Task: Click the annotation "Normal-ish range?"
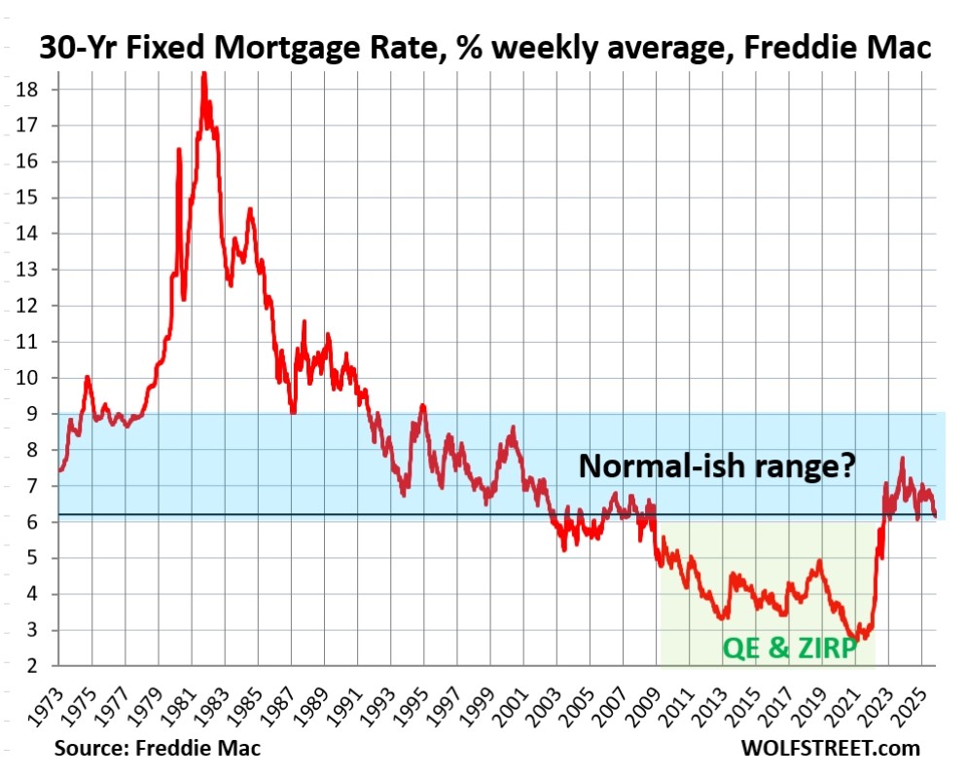(x=717, y=466)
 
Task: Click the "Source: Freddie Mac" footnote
(x=158, y=749)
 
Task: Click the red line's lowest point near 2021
(x=855, y=639)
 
